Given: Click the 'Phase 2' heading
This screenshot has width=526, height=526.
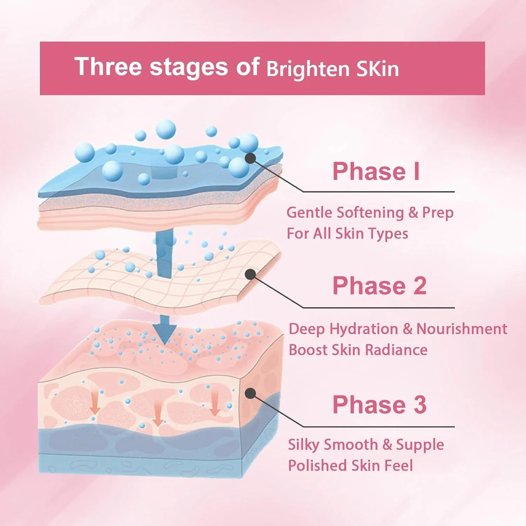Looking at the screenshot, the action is pyautogui.click(x=379, y=285).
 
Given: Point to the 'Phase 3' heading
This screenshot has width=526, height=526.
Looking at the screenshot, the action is pyautogui.click(x=379, y=405).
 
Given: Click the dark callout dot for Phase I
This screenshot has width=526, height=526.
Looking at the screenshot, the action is pyautogui.click(x=250, y=158).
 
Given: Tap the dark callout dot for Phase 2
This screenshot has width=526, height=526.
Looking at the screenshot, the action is pyautogui.click(x=250, y=274).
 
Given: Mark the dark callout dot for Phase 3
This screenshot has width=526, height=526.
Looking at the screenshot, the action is pyautogui.click(x=250, y=393).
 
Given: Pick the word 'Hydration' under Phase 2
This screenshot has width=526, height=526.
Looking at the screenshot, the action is pyautogui.click(x=364, y=330).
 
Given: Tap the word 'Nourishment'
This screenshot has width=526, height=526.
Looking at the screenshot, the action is pyautogui.click(x=462, y=329).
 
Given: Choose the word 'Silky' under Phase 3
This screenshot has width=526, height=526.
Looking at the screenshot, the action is pyautogui.click(x=304, y=445).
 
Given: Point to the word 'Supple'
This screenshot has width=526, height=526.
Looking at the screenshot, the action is pyautogui.click(x=420, y=445).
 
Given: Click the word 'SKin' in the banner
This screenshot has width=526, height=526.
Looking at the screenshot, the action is pyautogui.click(x=378, y=69).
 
